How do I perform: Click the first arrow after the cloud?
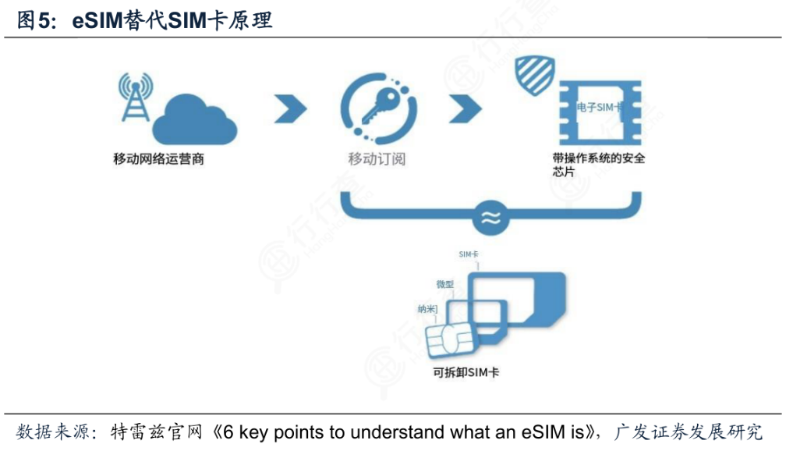point(290,110)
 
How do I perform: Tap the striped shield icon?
point(535,76)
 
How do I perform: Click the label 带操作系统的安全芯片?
point(598,165)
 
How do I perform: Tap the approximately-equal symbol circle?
point(491,219)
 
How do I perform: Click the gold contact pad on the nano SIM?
point(450,342)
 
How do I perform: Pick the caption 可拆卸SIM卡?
point(466,372)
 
